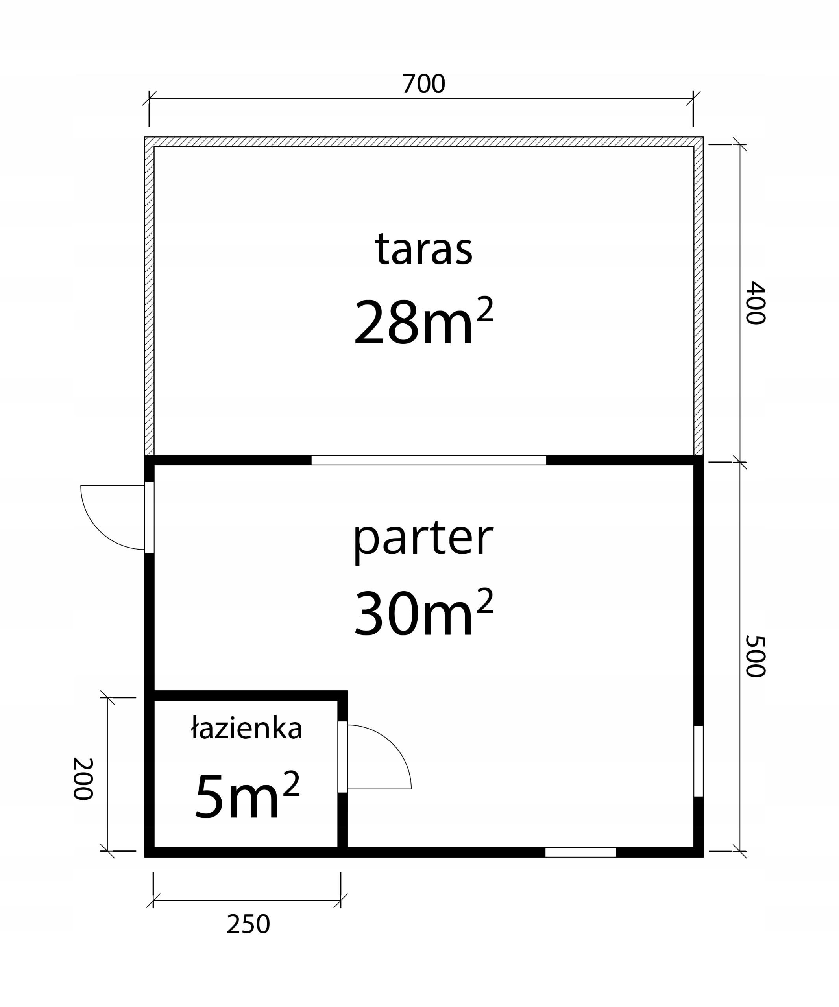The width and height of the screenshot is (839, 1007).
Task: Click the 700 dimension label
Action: (423, 83)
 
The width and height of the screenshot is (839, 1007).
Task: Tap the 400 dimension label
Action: (755, 302)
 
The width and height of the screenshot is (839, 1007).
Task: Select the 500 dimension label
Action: (755, 656)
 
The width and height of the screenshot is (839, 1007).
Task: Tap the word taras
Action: (423, 249)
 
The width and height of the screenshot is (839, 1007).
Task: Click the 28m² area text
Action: (423, 320)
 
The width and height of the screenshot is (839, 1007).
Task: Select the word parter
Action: (423, 541)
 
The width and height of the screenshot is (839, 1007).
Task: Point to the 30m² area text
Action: (423, 612)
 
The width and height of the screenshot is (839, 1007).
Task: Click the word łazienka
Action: (247, 728)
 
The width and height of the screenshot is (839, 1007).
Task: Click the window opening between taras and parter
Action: (429, 460)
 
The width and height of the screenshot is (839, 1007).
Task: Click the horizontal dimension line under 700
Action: (421, 98)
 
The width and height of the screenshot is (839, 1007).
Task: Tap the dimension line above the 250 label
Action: (247, 900)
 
